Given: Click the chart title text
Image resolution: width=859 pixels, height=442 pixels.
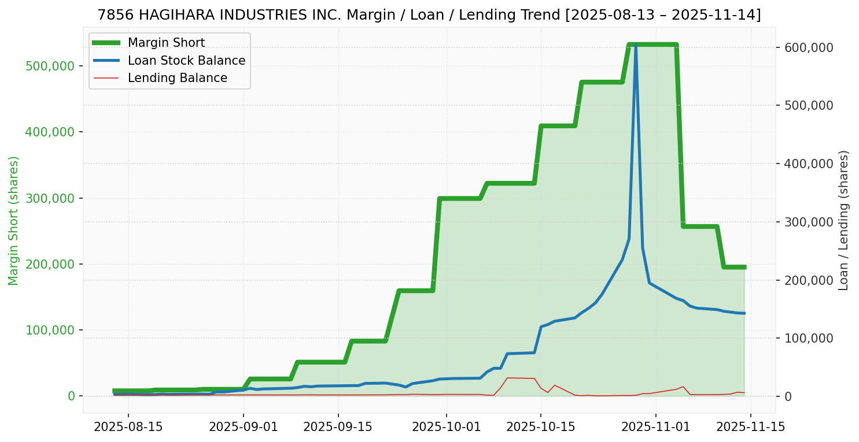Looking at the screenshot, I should point(429,15).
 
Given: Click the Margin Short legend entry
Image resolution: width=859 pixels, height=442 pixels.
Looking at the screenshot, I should point(166,43).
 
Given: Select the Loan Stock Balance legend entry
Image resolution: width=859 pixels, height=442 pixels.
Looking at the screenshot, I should point(186,61).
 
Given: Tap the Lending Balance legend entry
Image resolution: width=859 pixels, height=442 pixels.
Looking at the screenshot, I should point(177,78).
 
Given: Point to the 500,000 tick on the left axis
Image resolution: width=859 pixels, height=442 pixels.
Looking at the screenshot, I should point(51,66).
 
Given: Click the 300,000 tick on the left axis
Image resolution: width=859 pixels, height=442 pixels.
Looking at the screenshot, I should point(51,198).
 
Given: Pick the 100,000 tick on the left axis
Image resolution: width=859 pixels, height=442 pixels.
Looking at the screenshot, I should point(51,330).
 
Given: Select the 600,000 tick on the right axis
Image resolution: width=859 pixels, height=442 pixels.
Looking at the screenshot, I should point(809,47).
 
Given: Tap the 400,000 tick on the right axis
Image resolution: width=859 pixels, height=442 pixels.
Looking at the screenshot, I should point(809,164).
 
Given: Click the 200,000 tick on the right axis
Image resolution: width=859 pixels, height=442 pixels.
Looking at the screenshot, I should point(809,280).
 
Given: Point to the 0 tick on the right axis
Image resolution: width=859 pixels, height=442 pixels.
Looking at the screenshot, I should point(788,396).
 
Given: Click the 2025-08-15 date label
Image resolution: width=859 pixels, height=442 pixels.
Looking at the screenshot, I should point(128,428).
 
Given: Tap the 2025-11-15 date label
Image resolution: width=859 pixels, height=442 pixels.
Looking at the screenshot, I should point(751,428).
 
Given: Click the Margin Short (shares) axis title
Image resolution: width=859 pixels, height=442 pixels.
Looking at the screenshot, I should point(13,220).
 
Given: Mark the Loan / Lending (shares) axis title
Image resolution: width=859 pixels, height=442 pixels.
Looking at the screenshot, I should point(843,220).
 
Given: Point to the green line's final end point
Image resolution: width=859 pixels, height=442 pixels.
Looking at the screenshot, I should point(744,267).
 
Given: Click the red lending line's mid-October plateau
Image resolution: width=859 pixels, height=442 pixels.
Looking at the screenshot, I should point(520,378).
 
